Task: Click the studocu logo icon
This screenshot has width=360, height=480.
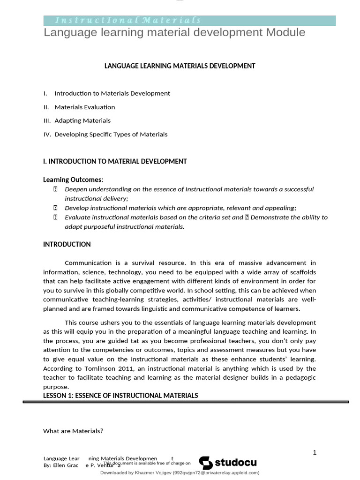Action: click(206, 463)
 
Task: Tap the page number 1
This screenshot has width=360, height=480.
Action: click(315, 452)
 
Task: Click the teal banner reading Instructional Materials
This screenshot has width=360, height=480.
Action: click(189, 20)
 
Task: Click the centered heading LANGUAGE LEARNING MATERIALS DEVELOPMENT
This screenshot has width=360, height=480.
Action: click(180, 66)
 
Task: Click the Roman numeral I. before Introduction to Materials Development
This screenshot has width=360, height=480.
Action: click(45, 93)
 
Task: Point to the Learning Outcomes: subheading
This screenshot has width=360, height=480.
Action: click(73, 180)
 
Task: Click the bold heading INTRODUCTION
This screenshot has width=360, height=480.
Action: click(67, 244)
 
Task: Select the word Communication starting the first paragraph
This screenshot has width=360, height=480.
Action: click(88, 262)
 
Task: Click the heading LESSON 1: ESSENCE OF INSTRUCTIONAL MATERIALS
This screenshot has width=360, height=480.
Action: click(120, 396)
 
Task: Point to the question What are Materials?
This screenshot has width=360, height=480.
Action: click(73, 431)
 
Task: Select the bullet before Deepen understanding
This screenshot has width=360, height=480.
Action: click(55, 189)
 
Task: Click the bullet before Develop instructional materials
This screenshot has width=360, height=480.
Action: click(55, 208)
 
